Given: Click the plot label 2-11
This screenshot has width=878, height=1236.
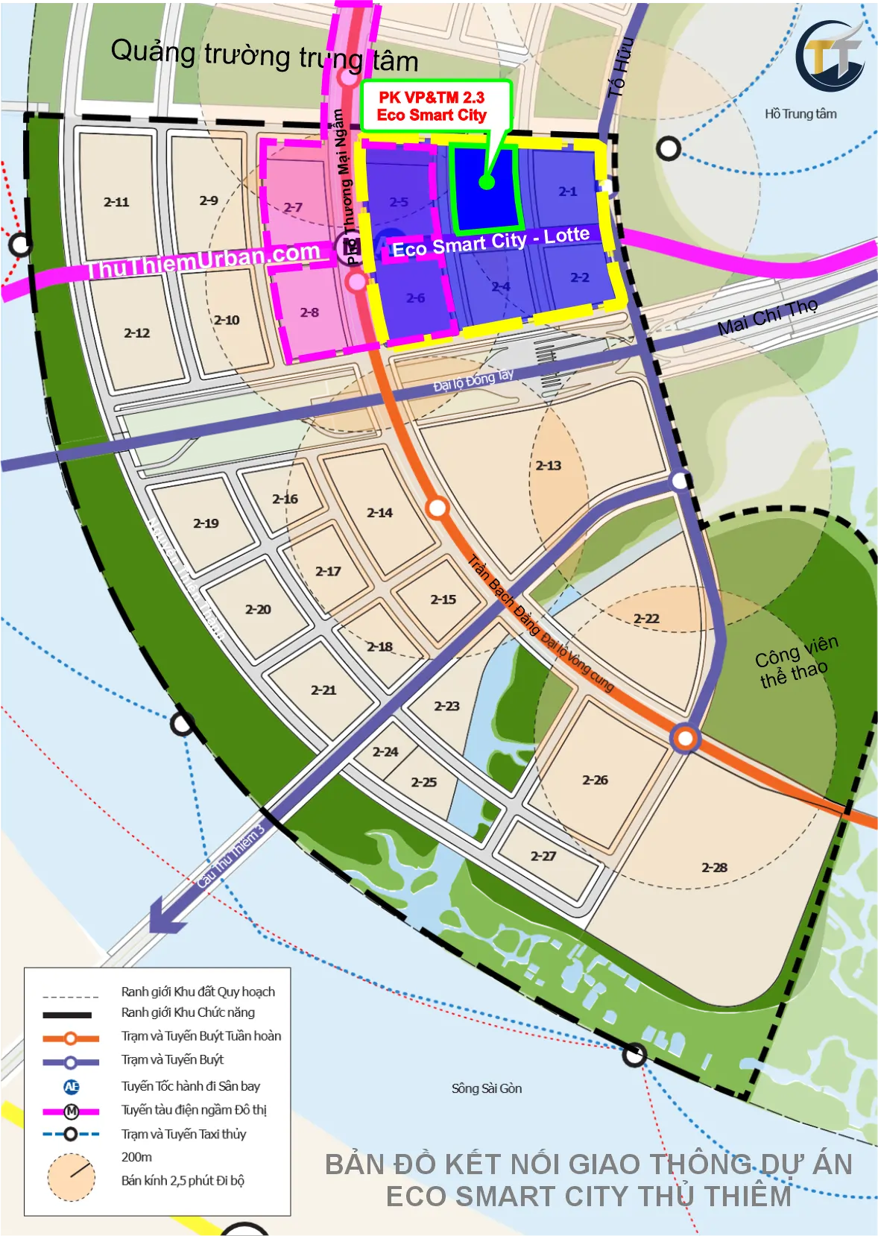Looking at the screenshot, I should pos(116,202).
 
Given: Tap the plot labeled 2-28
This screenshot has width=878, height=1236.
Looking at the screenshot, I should pos(714,867).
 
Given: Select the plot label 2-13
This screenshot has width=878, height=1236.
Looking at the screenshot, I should pos(549,465).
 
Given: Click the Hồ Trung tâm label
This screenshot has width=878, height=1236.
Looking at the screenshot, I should pos(800,114).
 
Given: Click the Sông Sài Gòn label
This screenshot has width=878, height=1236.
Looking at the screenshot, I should pos(486,1088).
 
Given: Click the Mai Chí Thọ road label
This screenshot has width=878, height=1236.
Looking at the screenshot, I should pos(767,317).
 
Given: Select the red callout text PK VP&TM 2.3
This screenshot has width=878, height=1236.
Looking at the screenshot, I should pos(432,98).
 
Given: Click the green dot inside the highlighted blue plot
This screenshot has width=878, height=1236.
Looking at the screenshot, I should pos(487,182).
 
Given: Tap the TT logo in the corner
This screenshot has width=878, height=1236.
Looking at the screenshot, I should pos(830,57).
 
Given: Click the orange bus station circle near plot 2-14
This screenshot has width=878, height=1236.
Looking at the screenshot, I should pos(437,508).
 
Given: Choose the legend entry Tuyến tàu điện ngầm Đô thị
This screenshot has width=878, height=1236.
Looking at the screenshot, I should pos(194,1110).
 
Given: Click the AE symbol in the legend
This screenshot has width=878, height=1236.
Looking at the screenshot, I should pos(72,1087).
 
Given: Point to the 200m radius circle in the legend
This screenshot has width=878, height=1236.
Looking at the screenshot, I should pos(72,1177).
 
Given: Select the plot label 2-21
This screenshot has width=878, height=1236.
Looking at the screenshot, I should pos(323,690).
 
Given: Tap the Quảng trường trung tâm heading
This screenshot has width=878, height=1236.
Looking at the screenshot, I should pos(264,56).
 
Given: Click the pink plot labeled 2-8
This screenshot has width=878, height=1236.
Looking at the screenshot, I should pos(309,312).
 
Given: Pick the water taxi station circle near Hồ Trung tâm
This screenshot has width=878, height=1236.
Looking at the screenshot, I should pos(668,148).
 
